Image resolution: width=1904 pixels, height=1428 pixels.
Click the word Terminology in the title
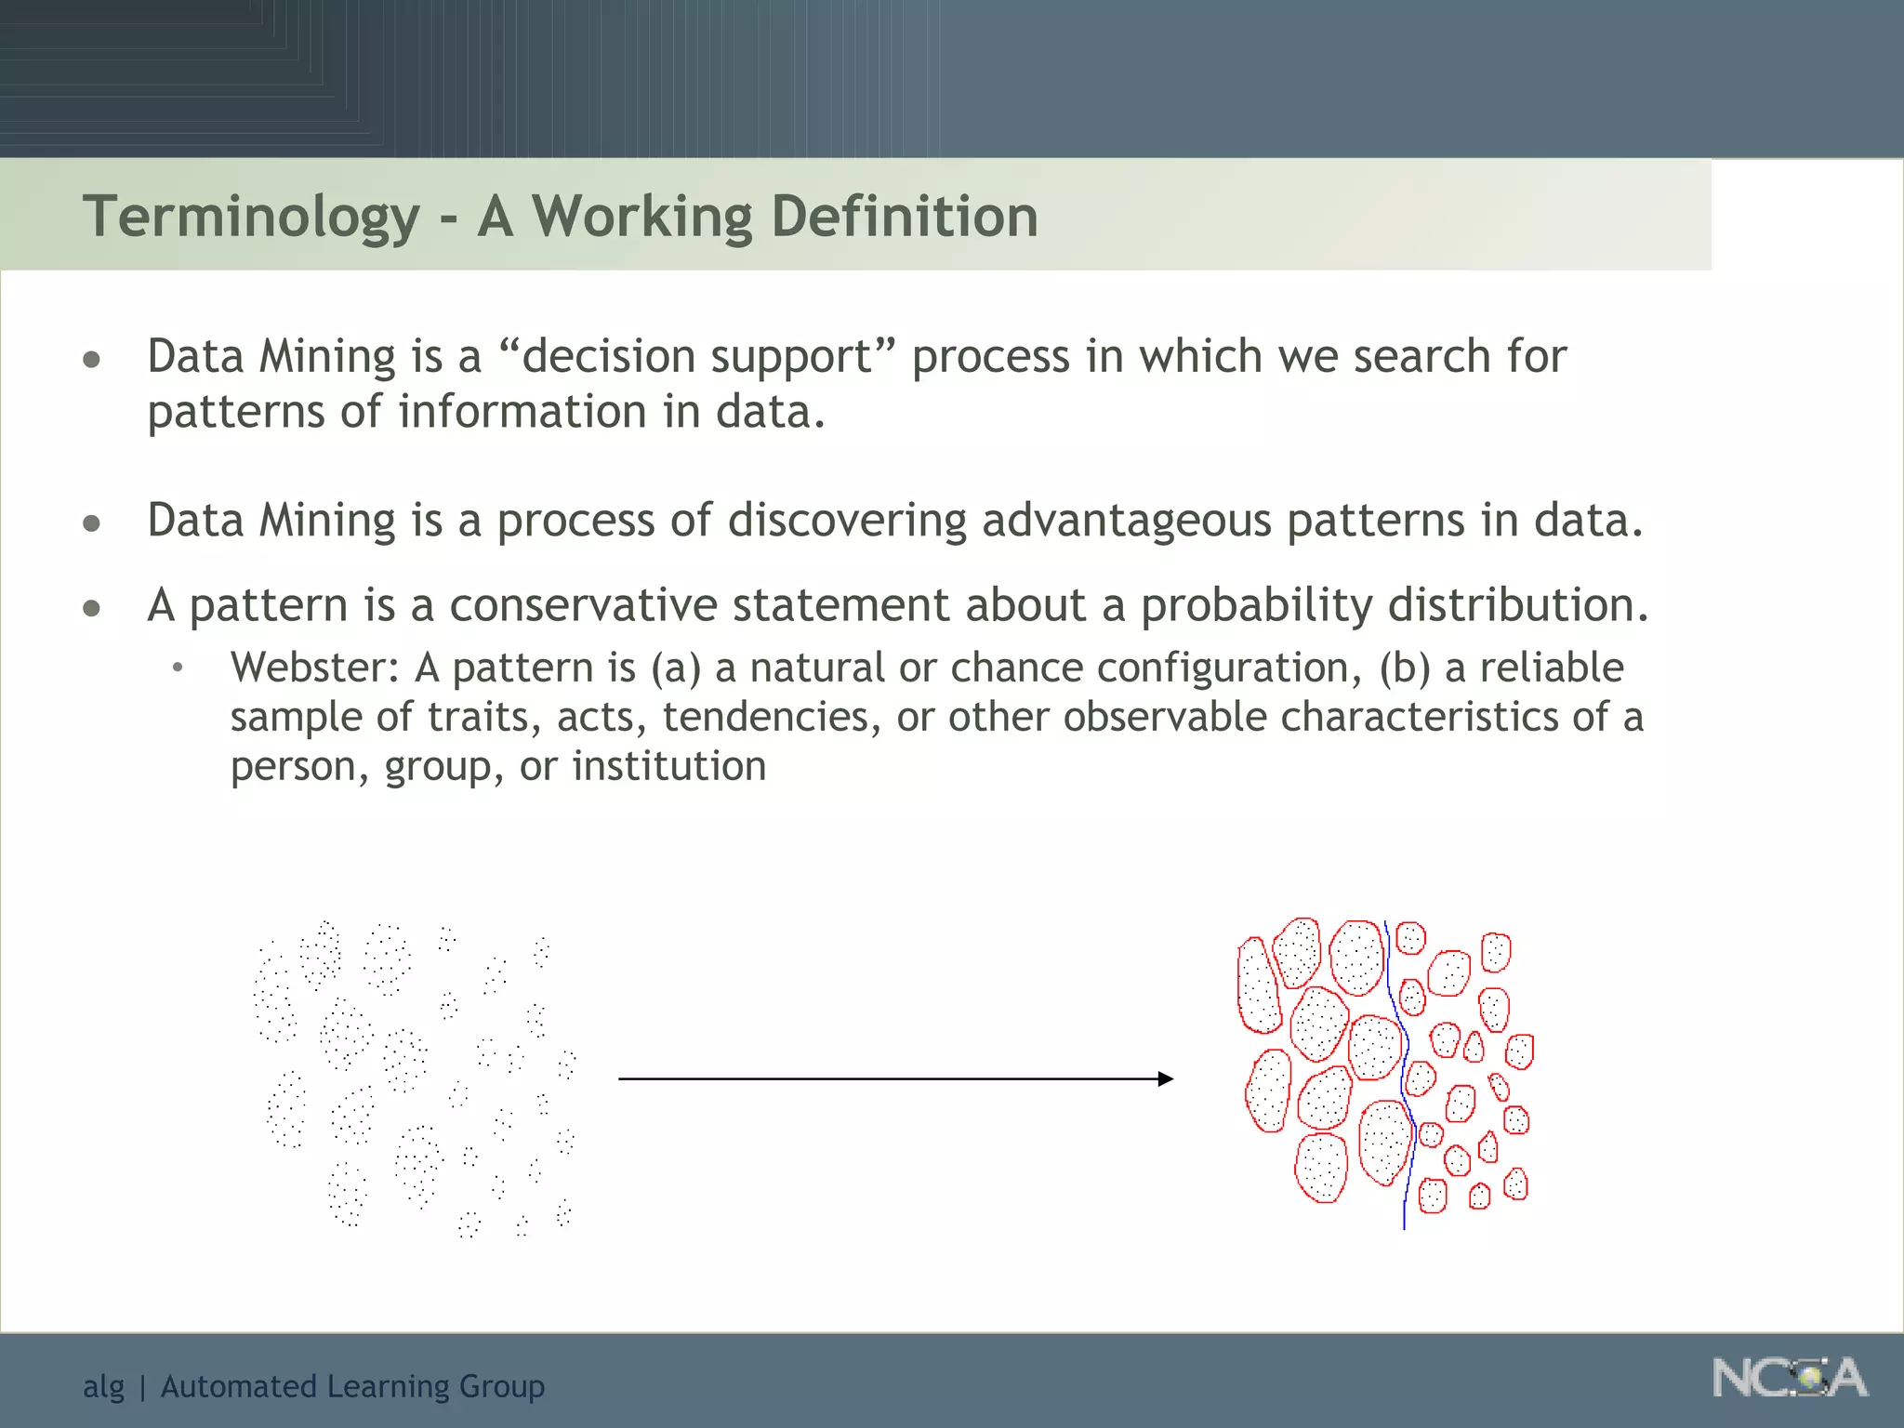[x=251, y=218]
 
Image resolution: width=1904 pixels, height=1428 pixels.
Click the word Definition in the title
[x=904, y=218]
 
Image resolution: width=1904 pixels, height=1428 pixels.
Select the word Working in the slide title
[x=641, y=218]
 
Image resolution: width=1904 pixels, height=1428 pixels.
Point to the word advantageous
[x=1126, y=521]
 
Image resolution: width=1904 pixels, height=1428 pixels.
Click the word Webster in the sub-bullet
[x=314, y=668]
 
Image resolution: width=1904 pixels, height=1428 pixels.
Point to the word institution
[x=668, y=767]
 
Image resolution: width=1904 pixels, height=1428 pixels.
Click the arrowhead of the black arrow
[x=1166, y=1078]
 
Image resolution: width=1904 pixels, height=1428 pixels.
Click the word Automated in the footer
[x=238, y=1386]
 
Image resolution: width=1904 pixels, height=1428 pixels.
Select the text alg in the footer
[x=102, y=1387]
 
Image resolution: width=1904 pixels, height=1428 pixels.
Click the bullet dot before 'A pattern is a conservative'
[x=91, y=609]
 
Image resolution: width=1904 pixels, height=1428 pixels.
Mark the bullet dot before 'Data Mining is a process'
[x=91, y=523]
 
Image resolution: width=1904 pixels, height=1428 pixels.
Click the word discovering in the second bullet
[x=847, y=521]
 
